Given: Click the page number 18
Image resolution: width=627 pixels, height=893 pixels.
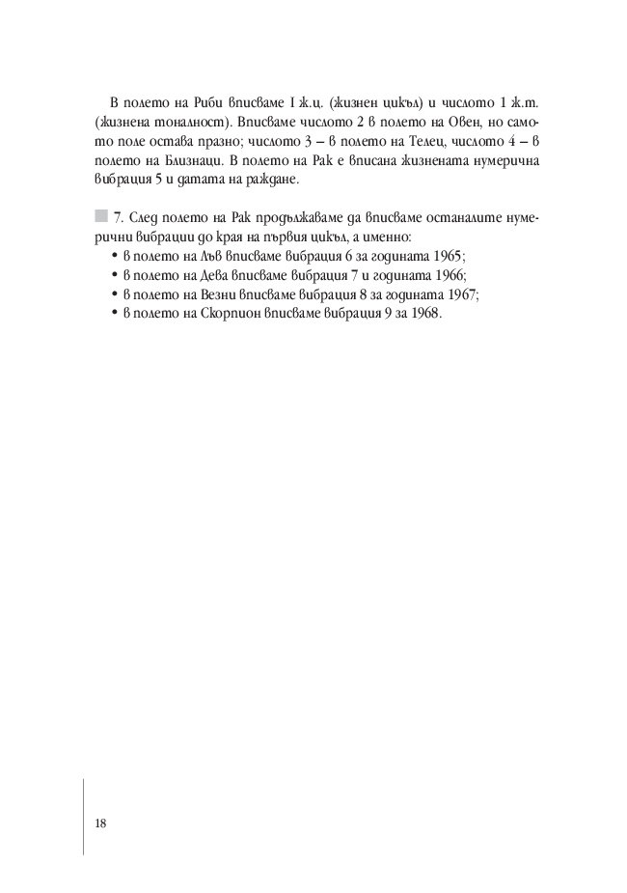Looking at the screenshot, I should (100, 823).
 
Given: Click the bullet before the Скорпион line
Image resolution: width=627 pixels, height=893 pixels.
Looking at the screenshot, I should (101, 315).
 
